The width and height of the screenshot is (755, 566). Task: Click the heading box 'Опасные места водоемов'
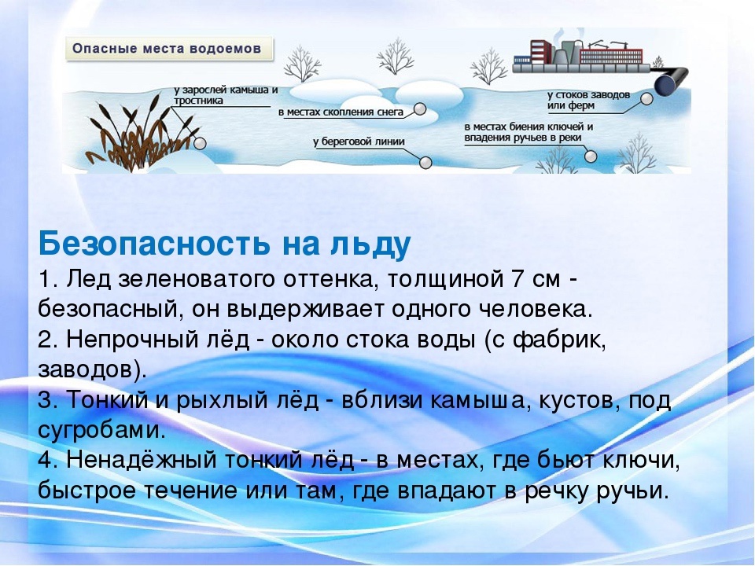pos(169,49)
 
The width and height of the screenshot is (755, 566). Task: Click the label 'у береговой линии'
pos(359,142)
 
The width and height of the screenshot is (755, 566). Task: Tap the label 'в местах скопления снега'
pos(341,112)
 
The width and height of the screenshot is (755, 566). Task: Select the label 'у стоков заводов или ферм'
pos(588,100)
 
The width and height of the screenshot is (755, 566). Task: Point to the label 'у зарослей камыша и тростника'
pos(226,95)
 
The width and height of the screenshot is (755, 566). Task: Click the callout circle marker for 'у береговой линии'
pos(425,163)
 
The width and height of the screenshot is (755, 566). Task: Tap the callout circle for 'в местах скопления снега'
pos(420,110)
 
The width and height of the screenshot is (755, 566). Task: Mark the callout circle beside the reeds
pos(200,143)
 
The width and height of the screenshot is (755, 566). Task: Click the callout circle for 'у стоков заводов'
pos(647,99)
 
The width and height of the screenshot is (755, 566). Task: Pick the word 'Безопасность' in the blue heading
pos(153,244)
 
